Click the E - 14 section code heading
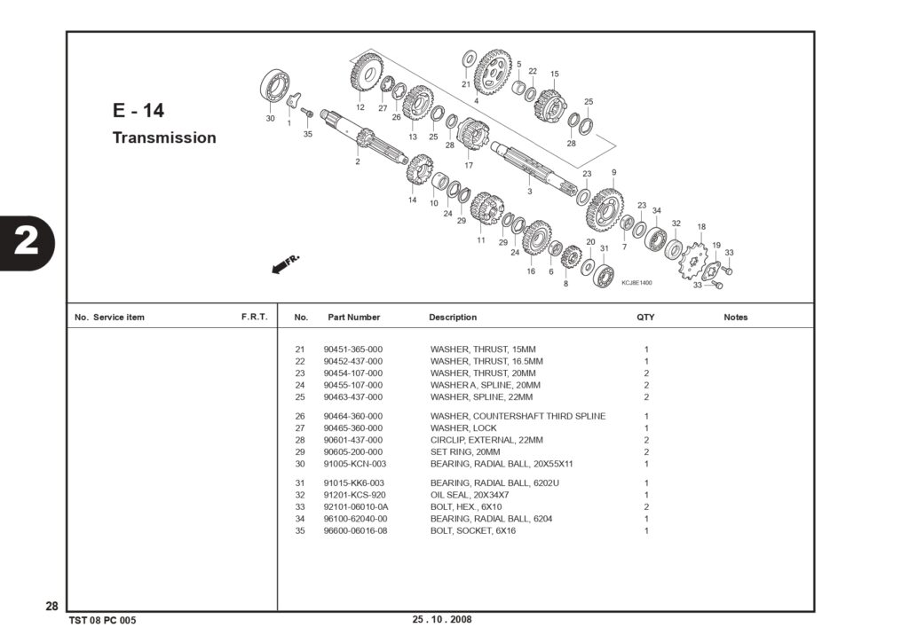coord(138,110)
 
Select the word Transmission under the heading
coord(164,137)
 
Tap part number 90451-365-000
coord(353,349)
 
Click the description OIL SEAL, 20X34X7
coord(470,495)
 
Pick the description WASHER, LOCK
coord(463,428)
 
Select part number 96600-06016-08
coord(355,530)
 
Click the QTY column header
coord(645,317)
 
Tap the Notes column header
coord(736,317)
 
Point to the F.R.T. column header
coord(255,317)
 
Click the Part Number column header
coord(353,317)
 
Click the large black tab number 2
coord(26,243)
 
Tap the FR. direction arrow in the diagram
coord(286,263)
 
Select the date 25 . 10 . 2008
coord(442,619)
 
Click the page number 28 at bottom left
coord(51,606)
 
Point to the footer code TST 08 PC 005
coord(103,621)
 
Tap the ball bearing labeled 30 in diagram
coord(275,87)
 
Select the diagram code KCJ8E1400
coord(636,283)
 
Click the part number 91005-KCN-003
coord(355,464)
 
